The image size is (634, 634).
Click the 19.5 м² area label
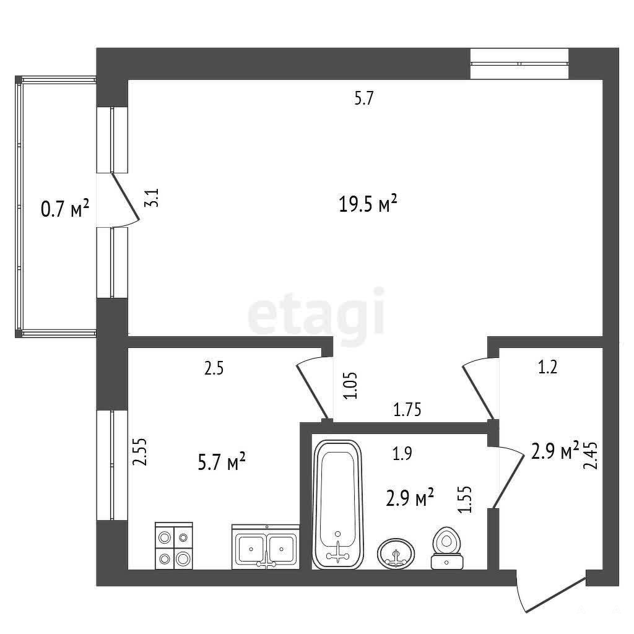pyautogui.click(x=368, y=204)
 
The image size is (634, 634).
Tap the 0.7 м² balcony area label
pyautogui.click(x=65, y=209)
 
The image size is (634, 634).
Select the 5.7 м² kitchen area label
pyautogui.click(x=222, y=462)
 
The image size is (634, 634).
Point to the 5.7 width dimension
pyautogui.click(x=364, y=98)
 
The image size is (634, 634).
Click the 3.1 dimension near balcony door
pyautogui.click(x=152, y=198)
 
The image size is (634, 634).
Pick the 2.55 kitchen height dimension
pyautogui.click(x=140, y=452)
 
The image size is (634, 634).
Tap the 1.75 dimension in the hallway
pyautogui.click(x=407, y=410)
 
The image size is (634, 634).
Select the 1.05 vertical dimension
pyautogui.click(x=350, y=385)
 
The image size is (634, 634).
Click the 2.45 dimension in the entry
pyautogui.click(x=590, y=456)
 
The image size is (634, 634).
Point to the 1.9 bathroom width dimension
pyautogui.click(x=402, y=454)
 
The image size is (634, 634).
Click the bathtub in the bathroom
pyautogui.click(x=338, y=505)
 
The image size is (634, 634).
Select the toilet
pyautogui.click(x=446, y=549)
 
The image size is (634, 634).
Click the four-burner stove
pyautogui.click(x=174, y=546)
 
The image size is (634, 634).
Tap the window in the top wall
pyautogui.click(x=519, y=64)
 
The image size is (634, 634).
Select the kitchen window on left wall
pyautogui.click(x=112, y=466)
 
